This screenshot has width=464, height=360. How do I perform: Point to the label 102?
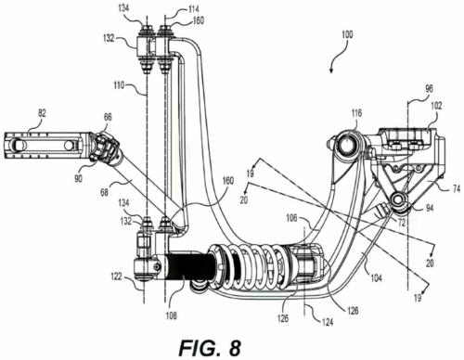[x=435, y=106]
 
